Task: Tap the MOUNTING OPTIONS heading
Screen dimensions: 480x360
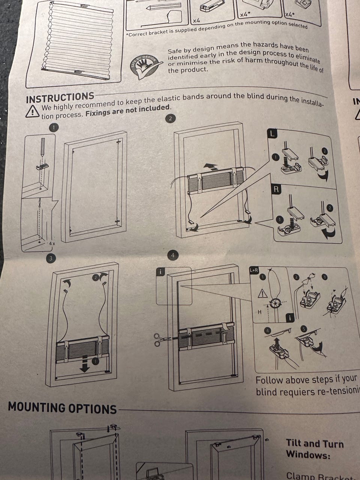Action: tap(62, 408)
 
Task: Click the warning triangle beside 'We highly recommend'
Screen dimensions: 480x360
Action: tap(33, 111)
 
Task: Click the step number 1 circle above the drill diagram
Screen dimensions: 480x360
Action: tap(54, 127)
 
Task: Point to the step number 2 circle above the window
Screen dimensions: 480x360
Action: tap(171, 119)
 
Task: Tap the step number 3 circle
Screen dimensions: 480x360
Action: tap(50, 258)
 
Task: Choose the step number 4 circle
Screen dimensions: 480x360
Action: tap(172, 256)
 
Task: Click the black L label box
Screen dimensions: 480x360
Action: tap(273, 133)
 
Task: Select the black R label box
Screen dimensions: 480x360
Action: tap(276, 189)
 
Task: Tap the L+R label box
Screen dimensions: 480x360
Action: tap(254, 270)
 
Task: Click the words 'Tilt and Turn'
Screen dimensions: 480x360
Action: tap(314, 444)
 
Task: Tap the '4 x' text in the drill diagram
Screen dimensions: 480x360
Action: tap(52, 244)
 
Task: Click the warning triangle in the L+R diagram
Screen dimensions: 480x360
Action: tap(262, 294)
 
